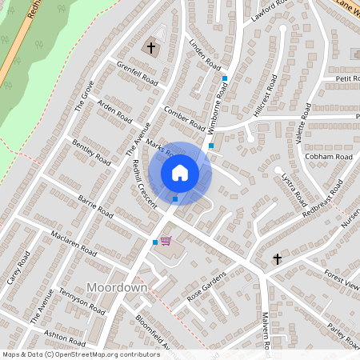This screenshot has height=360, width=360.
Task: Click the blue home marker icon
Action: click(180, 172)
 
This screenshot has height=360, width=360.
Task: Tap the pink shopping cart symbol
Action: click(166, 240)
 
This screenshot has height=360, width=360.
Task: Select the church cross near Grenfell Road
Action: click(150, 48)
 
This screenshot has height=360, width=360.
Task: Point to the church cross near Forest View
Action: click(278, 259)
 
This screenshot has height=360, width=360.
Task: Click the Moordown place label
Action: click(116, 287)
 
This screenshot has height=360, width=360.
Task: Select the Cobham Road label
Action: click(328, 157)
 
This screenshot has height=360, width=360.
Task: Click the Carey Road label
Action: click(18, 266)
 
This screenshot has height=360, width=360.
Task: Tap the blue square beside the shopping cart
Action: click(155, 242)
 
